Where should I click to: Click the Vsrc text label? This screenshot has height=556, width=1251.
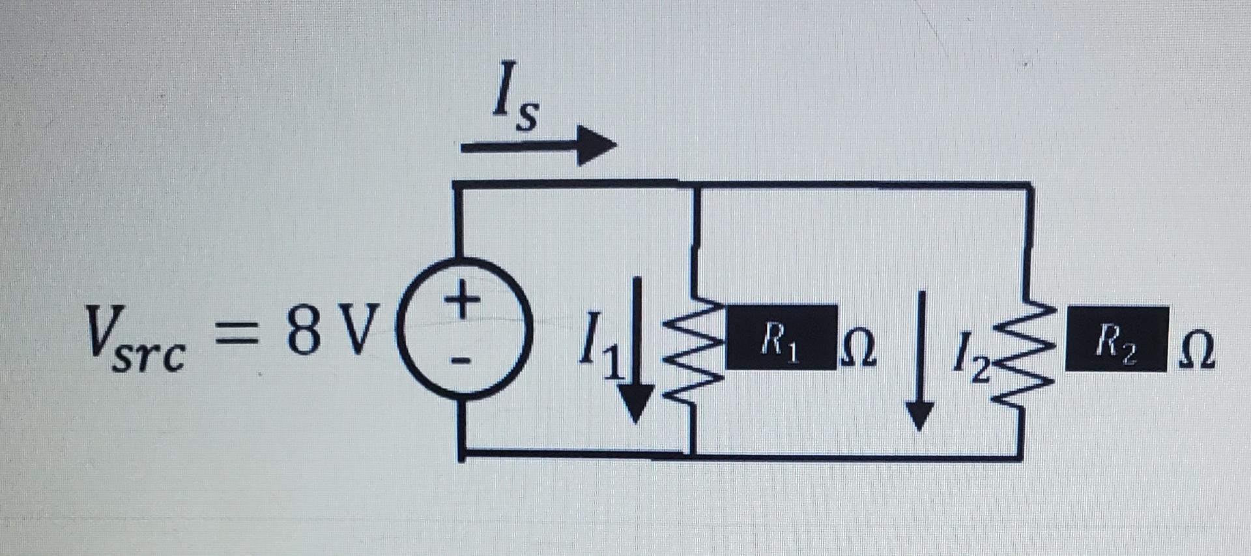[134, 339]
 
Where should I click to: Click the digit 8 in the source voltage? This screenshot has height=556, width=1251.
[304, 331]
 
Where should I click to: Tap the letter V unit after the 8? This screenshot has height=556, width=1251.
[357, 331]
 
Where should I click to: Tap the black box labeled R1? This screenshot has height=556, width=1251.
[781, 338]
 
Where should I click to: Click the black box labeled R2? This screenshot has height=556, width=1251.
[1115, 339]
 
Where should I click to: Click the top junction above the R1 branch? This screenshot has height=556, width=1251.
[696, 185]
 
